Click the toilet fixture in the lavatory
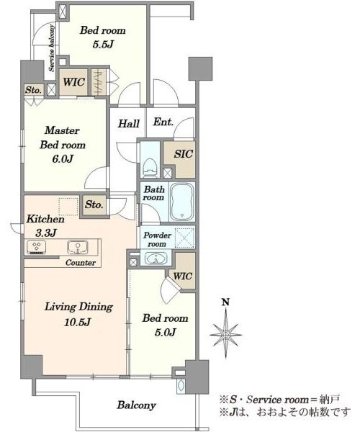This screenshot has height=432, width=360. [150, 168]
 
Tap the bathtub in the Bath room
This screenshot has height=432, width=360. [181, 202]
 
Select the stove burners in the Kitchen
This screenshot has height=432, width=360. [36, 247]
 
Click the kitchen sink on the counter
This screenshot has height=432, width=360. [78, 247]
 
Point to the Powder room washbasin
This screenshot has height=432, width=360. [156, 258]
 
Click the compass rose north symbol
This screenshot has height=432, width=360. [226, 335]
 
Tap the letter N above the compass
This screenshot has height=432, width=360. [226, 302]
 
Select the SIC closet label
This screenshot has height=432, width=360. [183, 154]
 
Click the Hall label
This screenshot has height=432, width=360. [129, 123]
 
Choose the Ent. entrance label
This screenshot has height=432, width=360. [163, 122]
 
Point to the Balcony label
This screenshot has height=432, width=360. [136, 405]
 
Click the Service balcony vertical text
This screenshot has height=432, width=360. [52, 48]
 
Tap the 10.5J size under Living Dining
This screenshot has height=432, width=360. [77, 322]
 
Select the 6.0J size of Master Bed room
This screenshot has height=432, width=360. [63, 158]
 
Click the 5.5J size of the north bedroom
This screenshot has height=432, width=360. [103, 44]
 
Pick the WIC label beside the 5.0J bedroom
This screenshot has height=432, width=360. [183, 276]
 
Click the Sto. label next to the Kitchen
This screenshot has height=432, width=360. [94, 204]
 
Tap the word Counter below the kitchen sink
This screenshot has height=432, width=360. [81, 263]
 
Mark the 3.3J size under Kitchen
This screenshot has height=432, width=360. [46, 233]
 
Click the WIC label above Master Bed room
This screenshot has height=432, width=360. [74, 82]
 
